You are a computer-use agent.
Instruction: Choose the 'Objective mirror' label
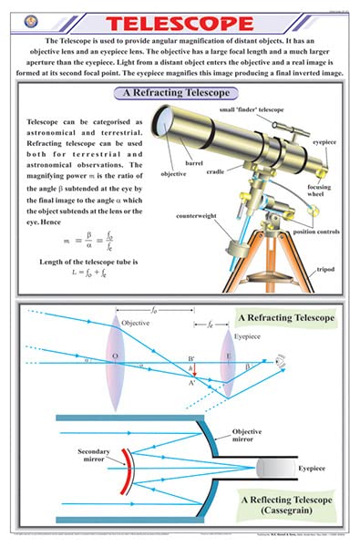(247, 435)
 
